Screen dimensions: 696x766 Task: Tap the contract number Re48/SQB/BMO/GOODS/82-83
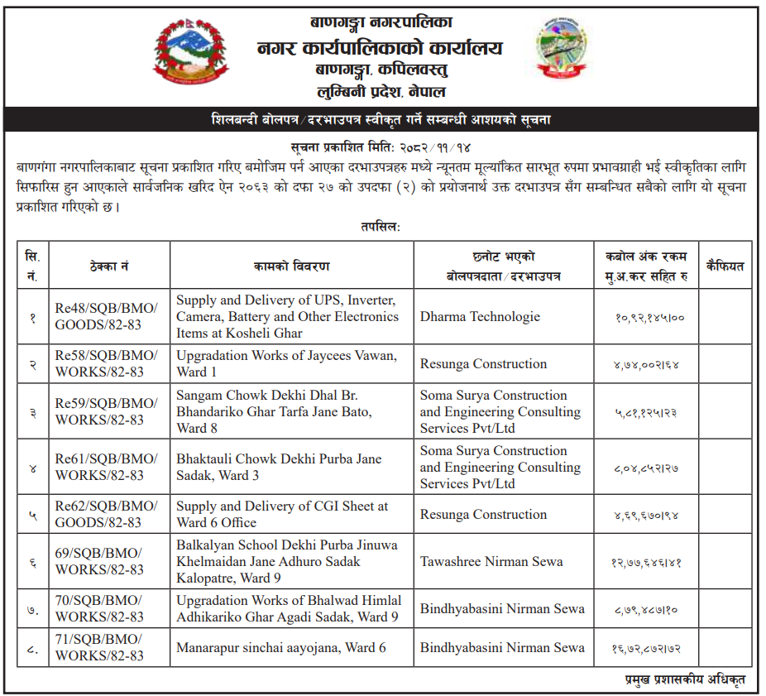point(106,316)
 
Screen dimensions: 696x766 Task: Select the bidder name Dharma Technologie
point(480,316)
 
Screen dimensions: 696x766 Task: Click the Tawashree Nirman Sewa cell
point(491,561)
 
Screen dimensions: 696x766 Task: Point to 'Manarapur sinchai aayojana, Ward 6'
point(280,647)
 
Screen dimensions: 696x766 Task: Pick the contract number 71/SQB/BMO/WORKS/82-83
point(99,647)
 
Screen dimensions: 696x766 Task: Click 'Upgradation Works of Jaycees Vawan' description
point(286,363)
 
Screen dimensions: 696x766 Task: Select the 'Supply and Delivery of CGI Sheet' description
point(281,514)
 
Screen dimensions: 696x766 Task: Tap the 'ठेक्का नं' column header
point(108,266)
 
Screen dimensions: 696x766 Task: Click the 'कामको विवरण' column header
point(291,266)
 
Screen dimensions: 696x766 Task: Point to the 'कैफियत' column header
point(725,266)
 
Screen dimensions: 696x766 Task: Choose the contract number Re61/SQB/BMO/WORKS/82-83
point(106,467)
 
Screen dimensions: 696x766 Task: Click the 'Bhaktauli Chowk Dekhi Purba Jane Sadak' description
point(279,467)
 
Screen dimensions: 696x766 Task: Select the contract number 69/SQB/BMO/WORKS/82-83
point(99,561)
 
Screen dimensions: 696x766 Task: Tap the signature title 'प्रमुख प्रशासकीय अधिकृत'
point(684,679)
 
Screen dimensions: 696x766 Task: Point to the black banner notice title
point(381,120)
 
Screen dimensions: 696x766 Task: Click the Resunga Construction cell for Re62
point(483,514)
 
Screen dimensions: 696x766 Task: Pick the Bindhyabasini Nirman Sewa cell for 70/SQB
point(502,608)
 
